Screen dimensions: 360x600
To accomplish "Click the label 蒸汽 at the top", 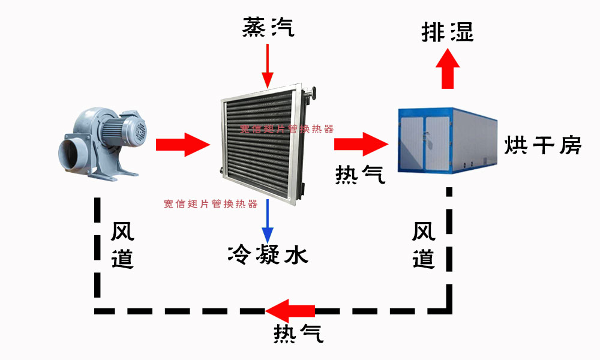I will point(268,27).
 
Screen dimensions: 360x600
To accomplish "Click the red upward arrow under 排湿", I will point(447,69).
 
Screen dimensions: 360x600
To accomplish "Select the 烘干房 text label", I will point(542,145).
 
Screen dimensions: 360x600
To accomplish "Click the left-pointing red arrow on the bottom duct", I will point(291,311).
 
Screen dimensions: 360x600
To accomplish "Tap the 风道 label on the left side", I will point(122,245).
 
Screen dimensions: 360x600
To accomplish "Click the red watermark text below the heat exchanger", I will point(211,204).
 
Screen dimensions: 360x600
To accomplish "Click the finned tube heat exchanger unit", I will point(264,141).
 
